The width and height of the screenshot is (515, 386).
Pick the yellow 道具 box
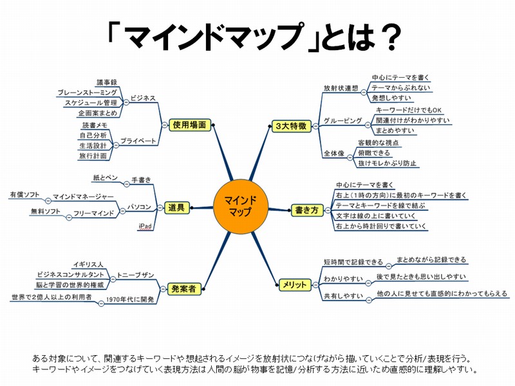click(176, 207)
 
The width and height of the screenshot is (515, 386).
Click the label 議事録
click(107, 82)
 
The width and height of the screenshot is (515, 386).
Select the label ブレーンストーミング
click(87, 93)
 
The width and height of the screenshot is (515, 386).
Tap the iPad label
click(145, 226)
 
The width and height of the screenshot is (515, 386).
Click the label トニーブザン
click(136, 275)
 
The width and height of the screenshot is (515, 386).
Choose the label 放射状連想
click(340, 87)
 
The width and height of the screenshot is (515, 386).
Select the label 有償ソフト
click(24, 194)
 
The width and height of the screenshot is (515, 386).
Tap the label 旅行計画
click(93, 156)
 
